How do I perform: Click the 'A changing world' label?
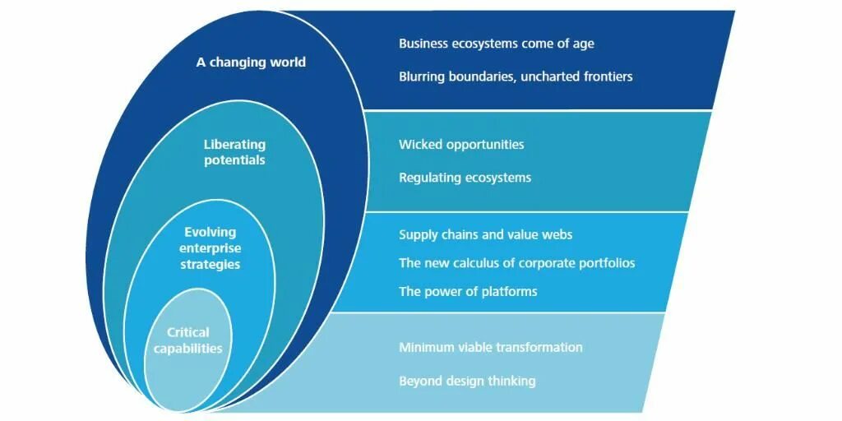pyautogui.click(x=251, y=62)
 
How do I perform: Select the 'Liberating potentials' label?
pyautogui.click(x=234, y=153)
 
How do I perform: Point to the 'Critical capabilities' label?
pyautogui.click(x=188, y=340)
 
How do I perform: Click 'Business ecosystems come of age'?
pyautogui.click(x=496, y=44)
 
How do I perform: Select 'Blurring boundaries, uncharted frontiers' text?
pyautogui.click(x=516, y=76)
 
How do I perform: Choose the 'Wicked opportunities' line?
pyautogui.click(x=461, y=145)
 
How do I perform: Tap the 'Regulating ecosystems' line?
pyautogui.click(x=465, y=178)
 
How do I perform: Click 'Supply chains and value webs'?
pyautogui.click(x=485, y=235)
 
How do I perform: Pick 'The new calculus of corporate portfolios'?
pyautogui.click(x=516, y=263)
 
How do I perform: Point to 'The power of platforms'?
pyautogui.click(x=468, y=291)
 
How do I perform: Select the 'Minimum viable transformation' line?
pyautogui.click(x=490, y=347)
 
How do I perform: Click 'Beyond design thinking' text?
pyautogui.click(x=467, y=381)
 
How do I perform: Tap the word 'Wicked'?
pyautogui.click(x=419, y=145)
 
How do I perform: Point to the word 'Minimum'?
pyautogui.click(x=426, y=347)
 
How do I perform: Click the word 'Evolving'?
pyautogui.click(x=210, y=232)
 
